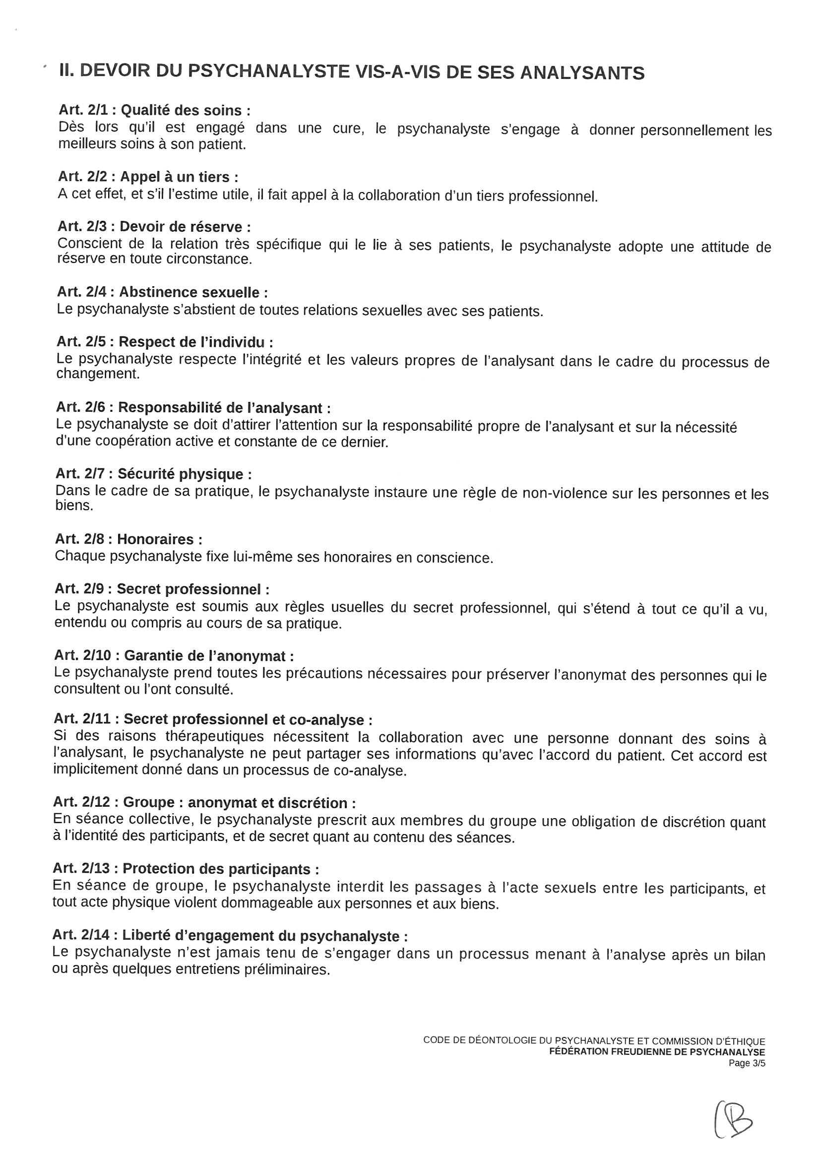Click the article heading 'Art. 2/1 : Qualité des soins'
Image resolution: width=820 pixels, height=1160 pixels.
pyautogui.click(x=155, y=110)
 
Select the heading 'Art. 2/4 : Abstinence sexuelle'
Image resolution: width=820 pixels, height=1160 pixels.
pyautogui.click(x=162, y=292)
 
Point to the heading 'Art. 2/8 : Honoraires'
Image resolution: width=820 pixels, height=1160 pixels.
pyautogui.click(x=129, y=539)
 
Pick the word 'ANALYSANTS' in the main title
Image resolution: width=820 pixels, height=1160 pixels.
pyautogui.click(x=582, y=73)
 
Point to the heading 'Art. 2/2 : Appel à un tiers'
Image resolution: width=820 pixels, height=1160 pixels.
pyautogui.click(x=148, y=177)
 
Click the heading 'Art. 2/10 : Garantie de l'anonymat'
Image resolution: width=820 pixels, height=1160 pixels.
pyautogui.click(x=174, y=655)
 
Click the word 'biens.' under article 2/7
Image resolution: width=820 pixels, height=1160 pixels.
pyautogui.click(x=74, y=505)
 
